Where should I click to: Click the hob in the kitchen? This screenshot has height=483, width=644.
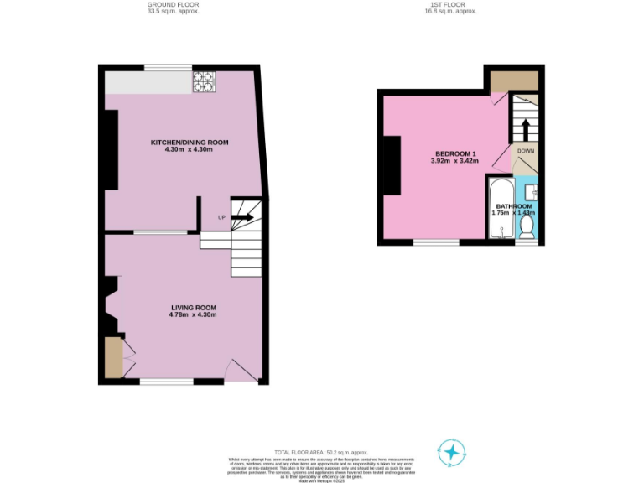click(204, 81)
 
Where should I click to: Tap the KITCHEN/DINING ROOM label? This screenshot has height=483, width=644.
click(189, 143)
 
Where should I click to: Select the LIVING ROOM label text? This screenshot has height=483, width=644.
click(193, 308)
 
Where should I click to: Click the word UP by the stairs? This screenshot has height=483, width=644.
click(222, 218)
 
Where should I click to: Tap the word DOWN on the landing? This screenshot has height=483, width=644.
click(526, 151)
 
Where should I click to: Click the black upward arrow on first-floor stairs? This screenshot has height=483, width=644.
click(526, 130)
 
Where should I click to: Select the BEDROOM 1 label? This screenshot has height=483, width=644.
click(454, 153)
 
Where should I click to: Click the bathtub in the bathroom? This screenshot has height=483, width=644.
click(501, 209)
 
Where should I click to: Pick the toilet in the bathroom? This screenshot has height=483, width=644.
click(527, 227)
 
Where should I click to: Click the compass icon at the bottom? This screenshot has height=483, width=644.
click(451, 453)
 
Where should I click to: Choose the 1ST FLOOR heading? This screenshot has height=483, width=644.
click(449, 4)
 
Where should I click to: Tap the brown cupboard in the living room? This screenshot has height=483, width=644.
click(113, 358)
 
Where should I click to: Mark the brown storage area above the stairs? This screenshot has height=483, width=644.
click(513, 81)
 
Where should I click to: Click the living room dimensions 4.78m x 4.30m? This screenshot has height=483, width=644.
click(193, 315)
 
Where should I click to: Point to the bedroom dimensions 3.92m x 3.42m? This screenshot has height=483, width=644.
click(454, 161)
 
